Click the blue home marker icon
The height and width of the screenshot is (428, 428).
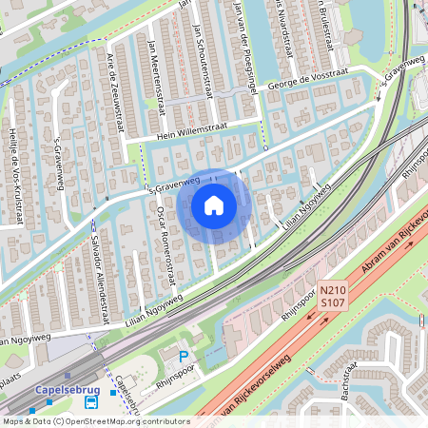coord(214,205)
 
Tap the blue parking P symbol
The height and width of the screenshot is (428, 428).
coord(185,356)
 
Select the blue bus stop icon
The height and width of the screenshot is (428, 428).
coord(112,392)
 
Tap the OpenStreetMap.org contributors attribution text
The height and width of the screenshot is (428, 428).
coord(124,420)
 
